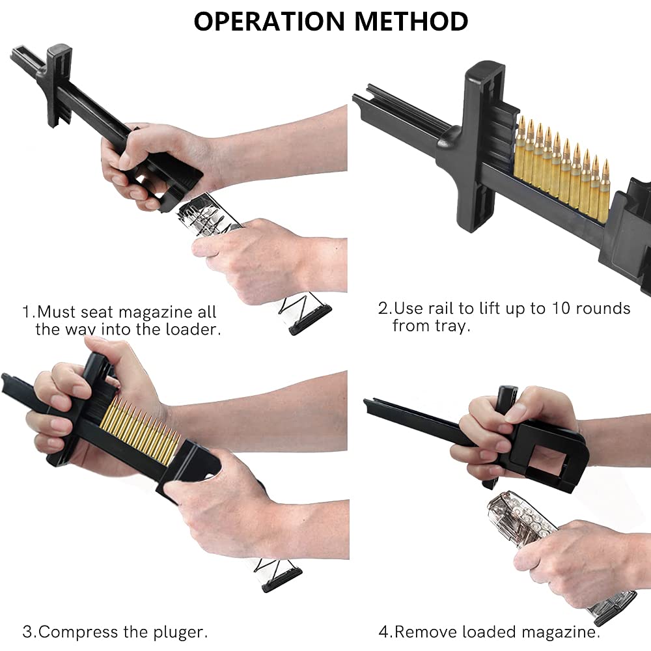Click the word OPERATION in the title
click(x=271, y=21)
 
